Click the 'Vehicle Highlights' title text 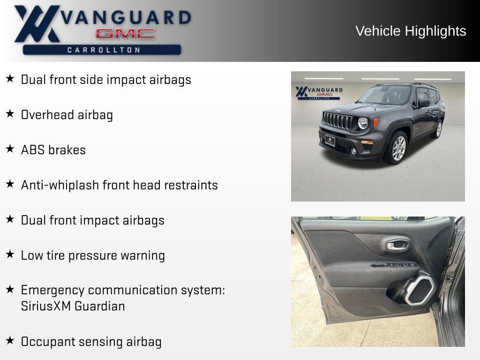point(411,31)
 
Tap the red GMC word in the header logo point(125,34)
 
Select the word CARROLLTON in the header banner point(104,50)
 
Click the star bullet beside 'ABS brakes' point(10,149)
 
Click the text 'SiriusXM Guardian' point(73,307)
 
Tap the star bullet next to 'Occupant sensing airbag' point(10,340)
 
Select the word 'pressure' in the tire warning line point(93,255)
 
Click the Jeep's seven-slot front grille point(338,121)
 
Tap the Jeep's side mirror point(424,103)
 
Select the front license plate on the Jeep point(330,140)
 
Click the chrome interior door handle point(397,245)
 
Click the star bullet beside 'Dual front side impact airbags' point(10,79)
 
